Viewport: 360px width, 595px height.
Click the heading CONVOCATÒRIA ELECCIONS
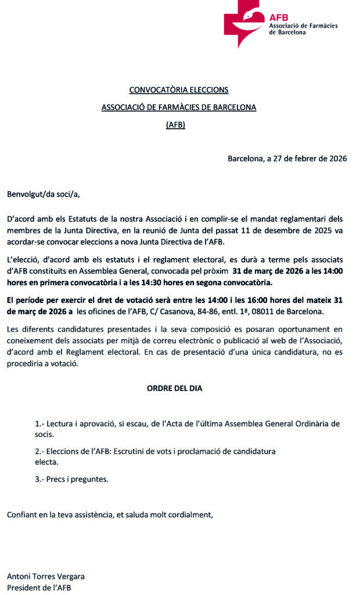click(179, 90)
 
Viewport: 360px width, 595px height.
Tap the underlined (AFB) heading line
click(175, 124)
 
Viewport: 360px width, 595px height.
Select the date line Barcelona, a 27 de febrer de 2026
click(287, 158)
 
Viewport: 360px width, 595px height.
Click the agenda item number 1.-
click(39, 424)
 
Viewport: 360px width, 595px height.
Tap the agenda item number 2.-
click(39, 451)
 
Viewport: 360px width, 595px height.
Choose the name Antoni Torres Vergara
click(46, 576)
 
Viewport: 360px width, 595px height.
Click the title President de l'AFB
click(39, 587)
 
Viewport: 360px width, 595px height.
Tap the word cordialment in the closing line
click(192, 514)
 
